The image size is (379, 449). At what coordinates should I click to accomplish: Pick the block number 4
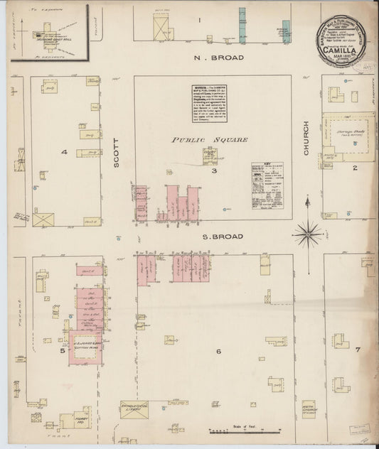point(63,152)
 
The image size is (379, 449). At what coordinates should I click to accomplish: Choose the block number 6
point(218,351)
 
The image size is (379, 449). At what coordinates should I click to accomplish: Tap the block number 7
point(358,349)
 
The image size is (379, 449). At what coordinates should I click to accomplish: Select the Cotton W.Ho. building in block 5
point(85,347)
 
